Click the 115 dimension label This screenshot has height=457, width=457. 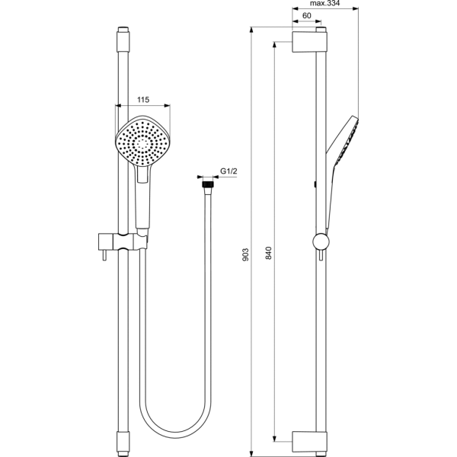tap(143, 100)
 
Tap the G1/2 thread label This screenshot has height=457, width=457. tap(228, 171)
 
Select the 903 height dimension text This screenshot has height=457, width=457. tap(246, 254)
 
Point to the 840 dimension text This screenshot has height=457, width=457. tap(269, 253)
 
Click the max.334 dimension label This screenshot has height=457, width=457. tap(324, 4)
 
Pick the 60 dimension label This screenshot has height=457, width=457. tap(307, 15)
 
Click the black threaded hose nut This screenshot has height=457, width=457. tap(208, 185)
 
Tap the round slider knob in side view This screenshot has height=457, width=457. tap(321, 241)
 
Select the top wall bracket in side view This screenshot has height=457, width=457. tap(309, 42)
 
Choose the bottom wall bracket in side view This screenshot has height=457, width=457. tap(309, 442)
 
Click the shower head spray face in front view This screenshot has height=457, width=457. tap(142, 142)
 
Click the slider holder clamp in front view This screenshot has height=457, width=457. tap(123, 241)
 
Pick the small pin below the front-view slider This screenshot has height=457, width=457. tap(104, 255)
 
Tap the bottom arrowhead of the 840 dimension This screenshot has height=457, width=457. tap(274, 439)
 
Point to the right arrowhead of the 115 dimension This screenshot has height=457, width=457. tap(167, 106)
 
